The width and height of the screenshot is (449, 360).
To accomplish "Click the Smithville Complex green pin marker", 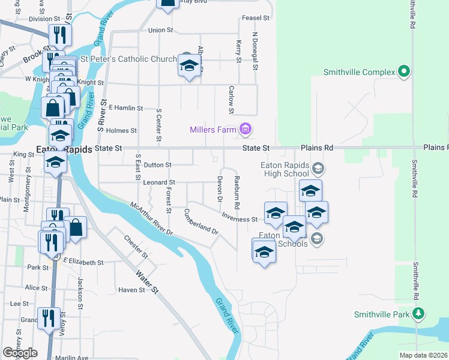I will (404, 72).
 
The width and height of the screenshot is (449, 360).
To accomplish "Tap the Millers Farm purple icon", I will (245, 129).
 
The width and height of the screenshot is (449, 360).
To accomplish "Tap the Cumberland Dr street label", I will (201, 220).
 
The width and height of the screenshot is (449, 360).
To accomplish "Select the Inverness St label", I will (239, 216).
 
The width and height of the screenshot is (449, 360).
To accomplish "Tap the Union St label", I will (160, 30).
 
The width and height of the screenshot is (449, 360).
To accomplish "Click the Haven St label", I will (132, 290).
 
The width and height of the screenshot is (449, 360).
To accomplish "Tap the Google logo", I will (20, 353).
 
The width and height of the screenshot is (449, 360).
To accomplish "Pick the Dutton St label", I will (158, 164).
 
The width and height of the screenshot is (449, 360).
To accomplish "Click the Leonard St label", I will (159, 182).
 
